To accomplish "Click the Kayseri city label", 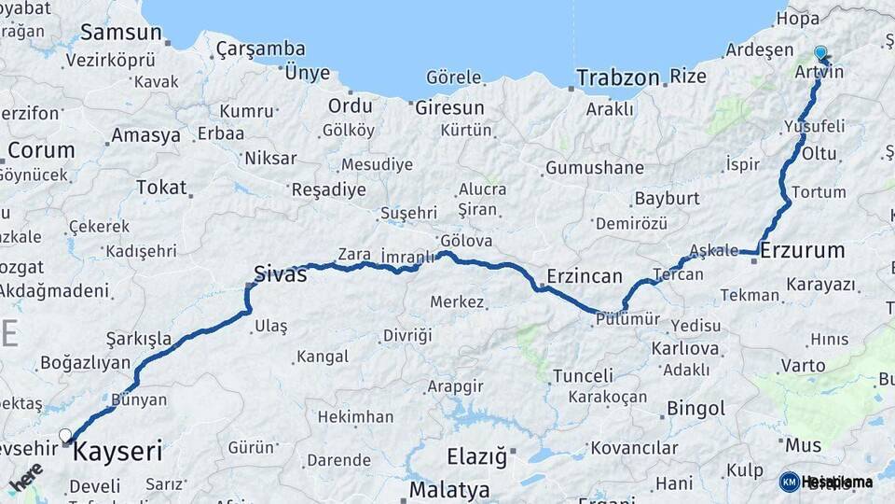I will pyautogui.click(x=117, y=453).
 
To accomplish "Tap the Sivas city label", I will pyautogui.click(x=281, y=273).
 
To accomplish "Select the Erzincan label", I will pyautogui.click(x=584, y=276).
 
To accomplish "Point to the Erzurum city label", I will pyautogui.click(x=803, y=250).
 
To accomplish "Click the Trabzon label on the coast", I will pyautogui.click(x=617, y=77).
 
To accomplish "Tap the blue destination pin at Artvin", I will pyautogui.click(x=820, y=53).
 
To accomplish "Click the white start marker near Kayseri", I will pyautogui.click(x=65, y=435).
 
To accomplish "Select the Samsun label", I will pyautogui.click(x=121, y=32).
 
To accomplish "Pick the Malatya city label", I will pyautogui.click(x=449, y=489).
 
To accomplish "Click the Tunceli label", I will pyautogui.click(x=583, y=376).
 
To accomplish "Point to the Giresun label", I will pyautogui.click(x=449, y=107).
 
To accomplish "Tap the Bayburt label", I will pyautogui.click(x=667, y=199).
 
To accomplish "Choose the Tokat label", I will pyautogui.click(x=161, y=187).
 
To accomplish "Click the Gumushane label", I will pyautogui.click(x=594, y=168).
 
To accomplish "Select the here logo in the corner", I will pyautogui.click(x=26, y=478).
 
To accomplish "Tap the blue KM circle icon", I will pyautogui.click(x=789, y=482).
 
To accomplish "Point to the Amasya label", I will pyautogui.click(x=145, y=135).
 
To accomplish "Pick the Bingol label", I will pyautogui.click(x=695, y=408).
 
